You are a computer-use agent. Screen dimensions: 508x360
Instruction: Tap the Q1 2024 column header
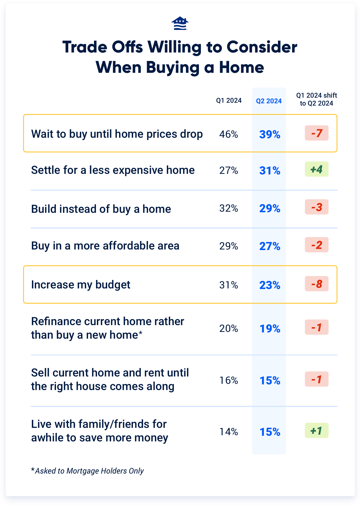point(229,101)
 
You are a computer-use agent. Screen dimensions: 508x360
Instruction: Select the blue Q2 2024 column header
point(269,101)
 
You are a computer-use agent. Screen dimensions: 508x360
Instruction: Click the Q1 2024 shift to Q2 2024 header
point(317,99)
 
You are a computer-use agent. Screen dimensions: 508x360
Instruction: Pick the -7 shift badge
point(317,133)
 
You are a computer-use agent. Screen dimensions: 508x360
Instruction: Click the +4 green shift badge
point(317,169)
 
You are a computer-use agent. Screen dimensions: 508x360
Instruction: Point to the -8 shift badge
point(317,284)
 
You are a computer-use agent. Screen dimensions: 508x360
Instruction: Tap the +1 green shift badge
point(317,431)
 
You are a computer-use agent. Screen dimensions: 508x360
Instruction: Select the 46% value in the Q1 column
point(229,134)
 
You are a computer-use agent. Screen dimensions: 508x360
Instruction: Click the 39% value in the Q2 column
point(270,135)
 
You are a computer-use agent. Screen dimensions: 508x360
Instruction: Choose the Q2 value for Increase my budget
point(270,285)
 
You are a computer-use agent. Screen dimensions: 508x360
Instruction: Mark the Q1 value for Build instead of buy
point(229,208)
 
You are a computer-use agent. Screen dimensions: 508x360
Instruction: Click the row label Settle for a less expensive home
point(113,170)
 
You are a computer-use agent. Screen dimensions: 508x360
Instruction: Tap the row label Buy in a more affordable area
point(105,246)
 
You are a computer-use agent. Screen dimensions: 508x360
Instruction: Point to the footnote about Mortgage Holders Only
point(87,471)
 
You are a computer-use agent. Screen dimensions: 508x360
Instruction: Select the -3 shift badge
point(317,207)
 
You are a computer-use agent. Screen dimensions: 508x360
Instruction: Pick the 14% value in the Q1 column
point(229,432)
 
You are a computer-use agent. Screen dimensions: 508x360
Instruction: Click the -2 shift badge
point(317,245)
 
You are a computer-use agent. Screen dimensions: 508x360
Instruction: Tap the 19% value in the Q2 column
point(270,329)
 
